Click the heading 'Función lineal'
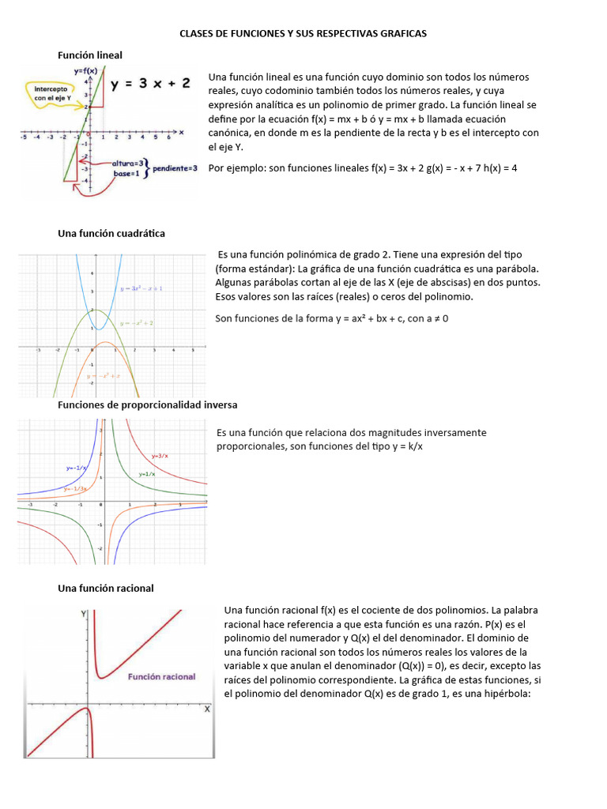tap(90, 55)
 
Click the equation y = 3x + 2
tap(150, 84)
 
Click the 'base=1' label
tap(126, 173)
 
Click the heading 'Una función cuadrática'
tap(111, 233)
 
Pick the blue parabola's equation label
tap(141, 289)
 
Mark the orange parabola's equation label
tap(104, 376)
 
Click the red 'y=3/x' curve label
tap(160, 456)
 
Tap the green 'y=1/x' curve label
tap(147, 474)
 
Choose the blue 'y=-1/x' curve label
tap(77, 468)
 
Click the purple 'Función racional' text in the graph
tap(161, 677)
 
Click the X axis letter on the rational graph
tap(207, 709)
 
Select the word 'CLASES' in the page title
tap(198, 33)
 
